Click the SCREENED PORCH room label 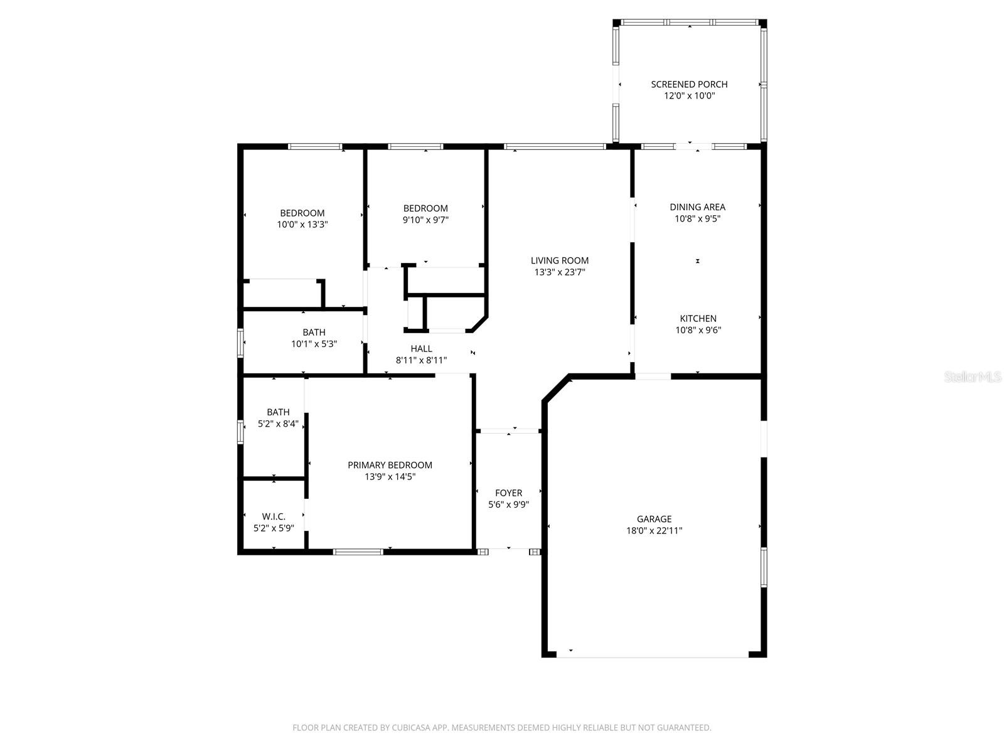tap(689, 84)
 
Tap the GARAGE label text tap(654, 519)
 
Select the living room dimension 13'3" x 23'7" tap(560, 272)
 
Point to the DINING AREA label tap(698, 207)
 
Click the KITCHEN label tap(698, 319)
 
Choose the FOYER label tap(509, 493)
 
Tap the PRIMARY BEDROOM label tap(390, 465)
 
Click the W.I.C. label tap(274, 516)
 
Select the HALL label tap(421, 349)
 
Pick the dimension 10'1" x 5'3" tap(314, 344)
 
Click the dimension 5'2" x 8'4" tap(278, 424)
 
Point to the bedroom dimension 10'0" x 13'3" tap(302, 225)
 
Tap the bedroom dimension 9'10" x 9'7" tap(425, 220)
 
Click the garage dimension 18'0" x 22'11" tap(654, 531)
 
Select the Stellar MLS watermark tap(973, 376)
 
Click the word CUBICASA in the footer tap(410, 727)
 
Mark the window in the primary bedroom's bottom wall tap(358, 552)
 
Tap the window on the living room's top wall tap(555, 147)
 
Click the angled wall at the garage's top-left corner tap(556, 388)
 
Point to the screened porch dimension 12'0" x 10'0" tap(689, 96)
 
